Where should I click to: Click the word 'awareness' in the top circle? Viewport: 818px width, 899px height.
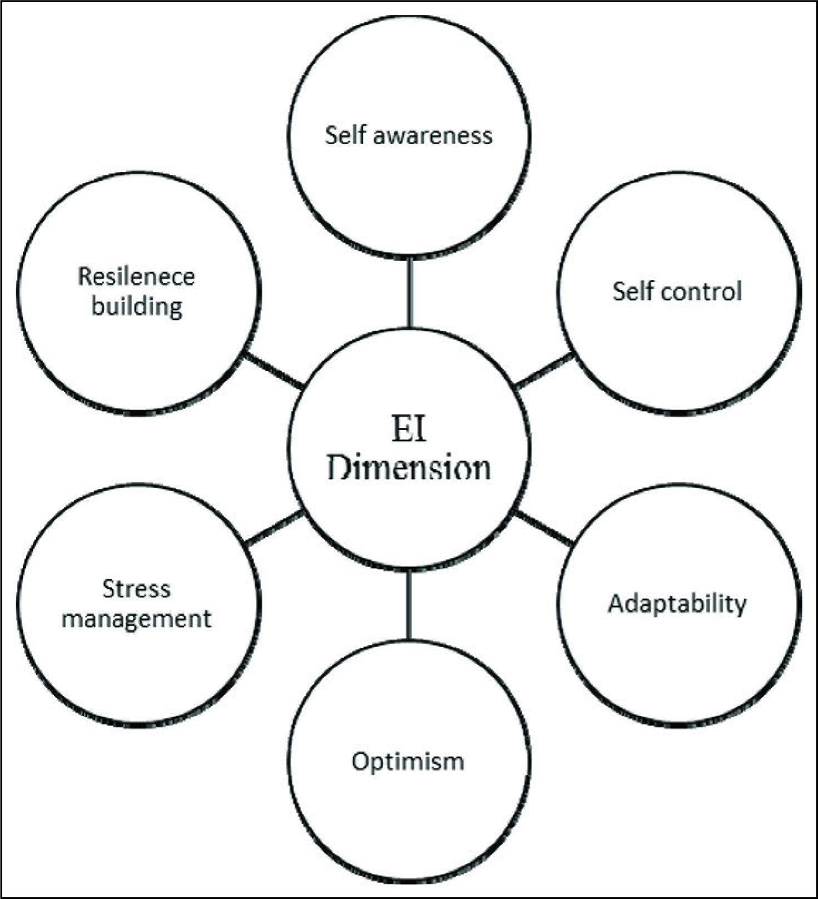coord(433,136)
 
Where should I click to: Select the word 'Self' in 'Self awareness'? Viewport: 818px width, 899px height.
coord(345,135)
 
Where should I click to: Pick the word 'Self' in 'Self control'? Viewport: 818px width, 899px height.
coord(633,291)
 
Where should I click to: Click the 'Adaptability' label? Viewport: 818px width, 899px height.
coord(677,604)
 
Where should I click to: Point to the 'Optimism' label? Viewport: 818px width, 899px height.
coord(408,762)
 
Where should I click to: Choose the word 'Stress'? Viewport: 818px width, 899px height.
coord(136,589)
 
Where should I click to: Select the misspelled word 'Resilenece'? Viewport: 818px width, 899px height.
coord(136,276)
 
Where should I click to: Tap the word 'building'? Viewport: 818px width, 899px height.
coord(137,307)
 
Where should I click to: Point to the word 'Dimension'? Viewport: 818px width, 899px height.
coord(409,468)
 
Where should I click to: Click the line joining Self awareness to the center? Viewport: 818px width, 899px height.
coord(409,292)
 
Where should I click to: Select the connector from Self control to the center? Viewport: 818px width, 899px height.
coord(544,370)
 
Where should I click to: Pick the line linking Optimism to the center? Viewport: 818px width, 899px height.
coord(409,605)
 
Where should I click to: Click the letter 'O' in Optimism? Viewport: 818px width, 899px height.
coord(361,761)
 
